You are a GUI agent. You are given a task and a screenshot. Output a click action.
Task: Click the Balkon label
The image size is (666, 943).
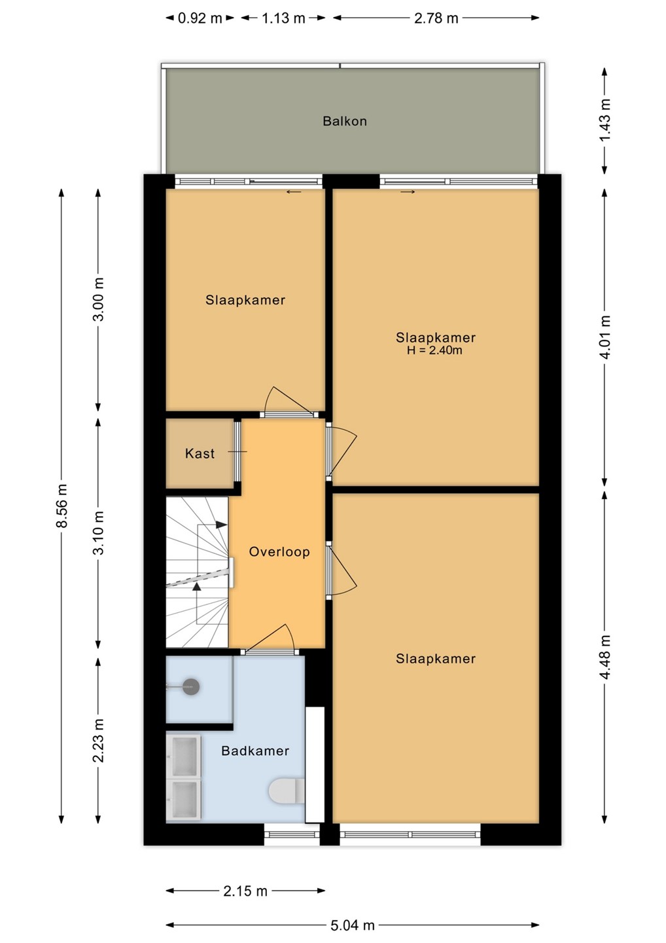[344, 121]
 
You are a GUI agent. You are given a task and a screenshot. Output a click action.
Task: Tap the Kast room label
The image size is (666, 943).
[200, 453]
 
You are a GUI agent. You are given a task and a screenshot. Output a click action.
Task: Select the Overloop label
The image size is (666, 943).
[279, 551]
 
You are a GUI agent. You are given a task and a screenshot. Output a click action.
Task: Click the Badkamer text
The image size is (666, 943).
[255, 750]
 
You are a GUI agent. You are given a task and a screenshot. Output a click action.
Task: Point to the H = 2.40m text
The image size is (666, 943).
[434, 350]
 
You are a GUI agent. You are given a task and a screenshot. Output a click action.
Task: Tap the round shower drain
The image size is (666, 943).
[191, 687]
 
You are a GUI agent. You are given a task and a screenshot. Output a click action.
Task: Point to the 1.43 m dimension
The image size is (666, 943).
[605, 120]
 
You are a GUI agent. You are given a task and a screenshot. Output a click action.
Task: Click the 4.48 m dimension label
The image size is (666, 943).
[605, 657]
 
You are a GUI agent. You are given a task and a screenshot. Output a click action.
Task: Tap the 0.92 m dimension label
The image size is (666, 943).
[200, 18]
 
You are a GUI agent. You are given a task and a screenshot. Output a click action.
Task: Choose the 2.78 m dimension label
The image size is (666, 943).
[436, 18]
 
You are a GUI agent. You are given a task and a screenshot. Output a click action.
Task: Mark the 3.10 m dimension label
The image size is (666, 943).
[98, 533]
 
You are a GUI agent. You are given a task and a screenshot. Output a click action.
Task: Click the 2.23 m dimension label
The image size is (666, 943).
[98, 741]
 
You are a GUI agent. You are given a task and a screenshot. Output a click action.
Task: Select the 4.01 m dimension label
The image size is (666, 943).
[605, 337]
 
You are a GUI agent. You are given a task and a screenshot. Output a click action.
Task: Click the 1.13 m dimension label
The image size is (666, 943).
[283, 18]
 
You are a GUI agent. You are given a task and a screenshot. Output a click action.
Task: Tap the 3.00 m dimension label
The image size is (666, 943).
[98, 299]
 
